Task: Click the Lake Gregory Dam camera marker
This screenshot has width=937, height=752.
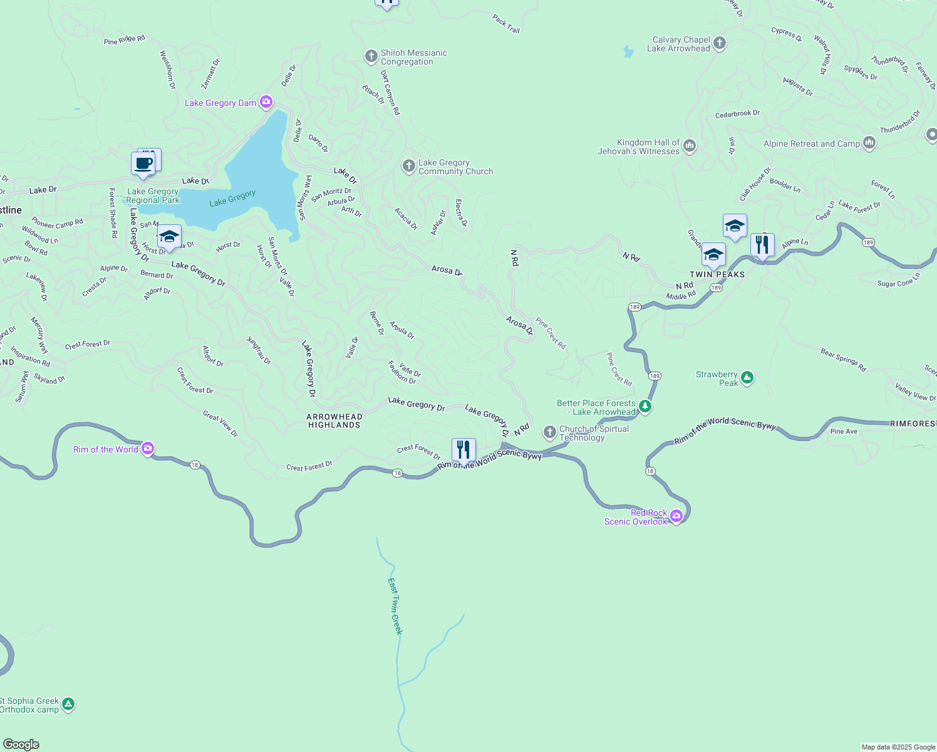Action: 266,102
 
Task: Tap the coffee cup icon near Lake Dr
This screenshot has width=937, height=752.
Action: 143,164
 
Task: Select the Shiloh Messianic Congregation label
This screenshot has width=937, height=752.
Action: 413,57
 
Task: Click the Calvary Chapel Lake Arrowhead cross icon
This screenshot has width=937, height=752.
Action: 720,43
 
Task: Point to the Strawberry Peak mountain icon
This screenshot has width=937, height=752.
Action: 747,377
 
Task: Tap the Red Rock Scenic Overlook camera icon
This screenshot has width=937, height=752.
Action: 676,516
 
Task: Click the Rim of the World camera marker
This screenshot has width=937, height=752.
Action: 148,448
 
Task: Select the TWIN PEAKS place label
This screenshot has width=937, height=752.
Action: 717,274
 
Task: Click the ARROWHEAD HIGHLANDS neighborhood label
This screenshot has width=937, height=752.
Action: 334,420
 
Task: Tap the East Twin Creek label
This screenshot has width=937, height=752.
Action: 395,606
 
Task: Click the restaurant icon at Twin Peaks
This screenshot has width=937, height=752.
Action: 762,244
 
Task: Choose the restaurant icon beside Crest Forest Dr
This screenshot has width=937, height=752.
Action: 463,450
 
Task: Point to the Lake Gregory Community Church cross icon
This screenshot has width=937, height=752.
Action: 408,166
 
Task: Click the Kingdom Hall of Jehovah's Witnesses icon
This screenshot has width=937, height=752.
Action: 690,146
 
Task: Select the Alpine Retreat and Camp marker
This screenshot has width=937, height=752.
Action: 869,143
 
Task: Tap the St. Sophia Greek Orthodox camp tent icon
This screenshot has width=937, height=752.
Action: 68,704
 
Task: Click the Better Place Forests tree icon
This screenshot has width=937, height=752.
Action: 645,407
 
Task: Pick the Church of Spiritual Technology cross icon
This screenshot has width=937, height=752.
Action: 549,432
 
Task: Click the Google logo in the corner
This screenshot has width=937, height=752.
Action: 21,744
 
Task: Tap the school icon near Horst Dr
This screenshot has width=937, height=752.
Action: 169,237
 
